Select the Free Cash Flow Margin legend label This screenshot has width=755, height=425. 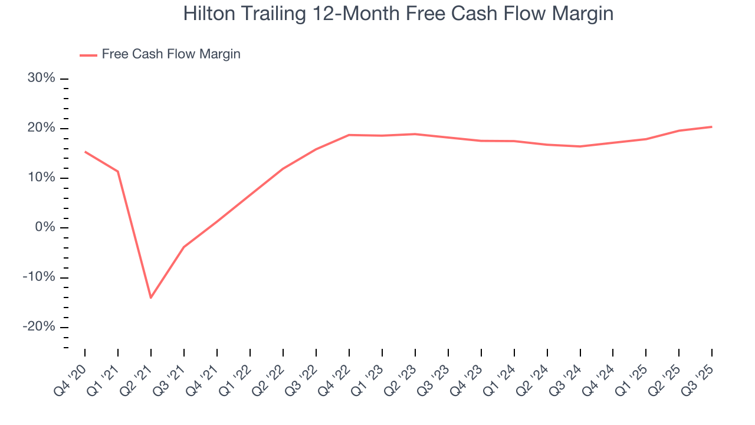click(x=171, y=54)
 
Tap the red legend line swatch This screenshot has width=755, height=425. click(x=88, y=55)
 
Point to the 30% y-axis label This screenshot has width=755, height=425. click(x=41, y=79)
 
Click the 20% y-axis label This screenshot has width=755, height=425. click(x=41, y=128)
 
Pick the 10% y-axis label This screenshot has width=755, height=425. click(x=41, y=178)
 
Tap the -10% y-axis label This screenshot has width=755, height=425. click(x=40, y=277)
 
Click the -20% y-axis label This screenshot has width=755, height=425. click(x=40, y=327)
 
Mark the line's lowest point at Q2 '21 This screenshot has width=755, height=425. click(x=151, y=297)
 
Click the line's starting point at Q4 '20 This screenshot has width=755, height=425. click(x=85, y=152)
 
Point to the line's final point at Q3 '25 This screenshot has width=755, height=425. click(x=712, y=127)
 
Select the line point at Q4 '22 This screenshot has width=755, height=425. click(x=349, y=135)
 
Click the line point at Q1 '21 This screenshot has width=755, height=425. click(x=118, y=171)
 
